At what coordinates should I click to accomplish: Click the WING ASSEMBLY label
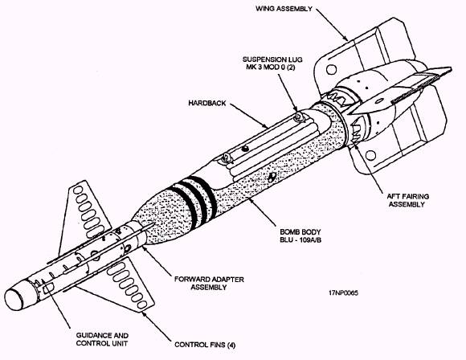[284, 8]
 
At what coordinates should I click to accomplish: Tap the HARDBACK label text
[207, 103]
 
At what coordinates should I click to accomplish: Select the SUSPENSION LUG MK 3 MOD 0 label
[272, 63]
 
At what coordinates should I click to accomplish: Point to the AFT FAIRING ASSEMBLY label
[408, 200]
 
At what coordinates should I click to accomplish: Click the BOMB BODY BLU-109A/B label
[300, 235]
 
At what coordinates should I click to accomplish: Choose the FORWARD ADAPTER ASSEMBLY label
[209, 284]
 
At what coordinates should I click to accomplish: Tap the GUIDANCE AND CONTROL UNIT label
[102, 339]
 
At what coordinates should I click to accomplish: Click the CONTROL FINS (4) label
[205, 345]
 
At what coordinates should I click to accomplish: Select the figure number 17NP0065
[343, 292]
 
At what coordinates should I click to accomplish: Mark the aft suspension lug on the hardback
[298, 117]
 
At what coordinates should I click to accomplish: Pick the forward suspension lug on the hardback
[227, 157]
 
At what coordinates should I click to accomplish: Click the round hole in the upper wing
[331, 70]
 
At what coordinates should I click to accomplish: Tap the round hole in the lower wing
[370, 155]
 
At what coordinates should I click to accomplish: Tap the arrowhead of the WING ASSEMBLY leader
[345, 38]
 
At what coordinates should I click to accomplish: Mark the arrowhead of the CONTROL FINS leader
[145, 314]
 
